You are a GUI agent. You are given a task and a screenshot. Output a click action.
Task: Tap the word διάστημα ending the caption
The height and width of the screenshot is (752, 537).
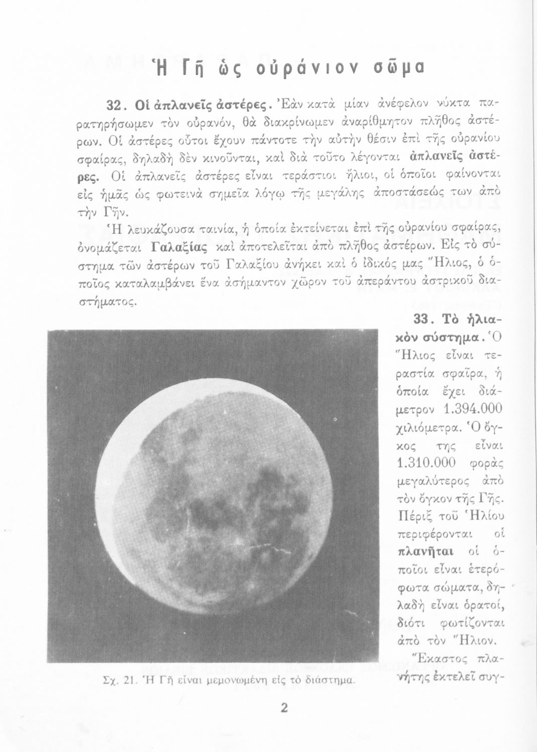333,681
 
